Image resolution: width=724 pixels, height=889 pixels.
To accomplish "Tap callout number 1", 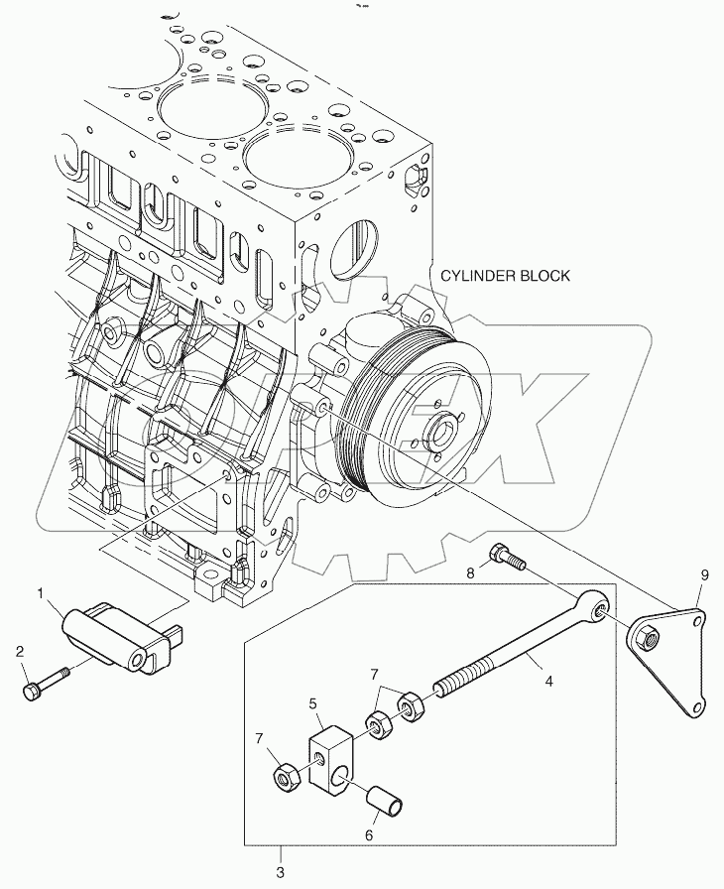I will [41, 594].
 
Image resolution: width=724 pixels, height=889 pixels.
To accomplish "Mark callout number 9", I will [705, 573].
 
